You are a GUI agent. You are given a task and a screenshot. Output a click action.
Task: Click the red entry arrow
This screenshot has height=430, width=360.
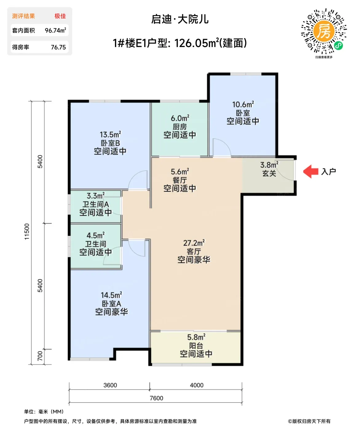tap(311, 171)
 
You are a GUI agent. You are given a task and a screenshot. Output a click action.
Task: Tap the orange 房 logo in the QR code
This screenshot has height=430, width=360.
tap(324, 31)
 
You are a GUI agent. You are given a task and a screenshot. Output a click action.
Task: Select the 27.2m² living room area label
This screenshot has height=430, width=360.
tap(194, 243)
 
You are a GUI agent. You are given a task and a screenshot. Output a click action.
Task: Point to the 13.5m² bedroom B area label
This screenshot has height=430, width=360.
tap(110, 135)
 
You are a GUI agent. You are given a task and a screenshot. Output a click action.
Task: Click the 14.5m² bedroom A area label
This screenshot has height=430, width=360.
tap(111, 295)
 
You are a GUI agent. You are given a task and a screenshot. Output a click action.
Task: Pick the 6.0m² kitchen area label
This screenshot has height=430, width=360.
tap(180, 118)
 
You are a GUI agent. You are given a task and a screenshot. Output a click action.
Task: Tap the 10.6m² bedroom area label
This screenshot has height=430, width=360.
tap(243, 104)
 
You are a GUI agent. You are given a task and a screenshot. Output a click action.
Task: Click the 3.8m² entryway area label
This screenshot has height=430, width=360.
tap(269, 165)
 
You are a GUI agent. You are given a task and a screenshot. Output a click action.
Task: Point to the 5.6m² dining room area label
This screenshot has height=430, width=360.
tap(180, 172)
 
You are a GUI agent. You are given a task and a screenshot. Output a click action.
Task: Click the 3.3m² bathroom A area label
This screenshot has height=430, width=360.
tap(96, 196)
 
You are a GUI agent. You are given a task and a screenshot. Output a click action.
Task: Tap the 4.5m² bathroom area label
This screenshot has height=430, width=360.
tap(96, 235)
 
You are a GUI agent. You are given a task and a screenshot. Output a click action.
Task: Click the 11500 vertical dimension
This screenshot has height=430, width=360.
tap(27, 232)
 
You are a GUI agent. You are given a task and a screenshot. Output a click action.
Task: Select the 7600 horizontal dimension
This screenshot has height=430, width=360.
tap(156, 398)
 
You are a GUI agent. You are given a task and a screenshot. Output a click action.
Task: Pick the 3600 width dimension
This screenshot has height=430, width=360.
tap(110, 385)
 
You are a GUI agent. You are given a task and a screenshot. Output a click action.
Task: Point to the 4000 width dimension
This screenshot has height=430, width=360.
tap(197, 385)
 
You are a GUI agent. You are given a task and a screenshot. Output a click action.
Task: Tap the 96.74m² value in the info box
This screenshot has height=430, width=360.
tap(55, 30)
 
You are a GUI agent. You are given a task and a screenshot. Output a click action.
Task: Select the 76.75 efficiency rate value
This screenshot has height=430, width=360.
tap(58, 47)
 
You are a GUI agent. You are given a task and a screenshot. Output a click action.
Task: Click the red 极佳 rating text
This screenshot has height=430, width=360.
tap(60, 16)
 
